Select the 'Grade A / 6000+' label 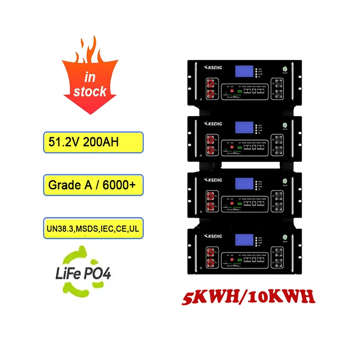(93, 185)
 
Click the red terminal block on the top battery (211, 88)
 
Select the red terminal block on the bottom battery (211, 256)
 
